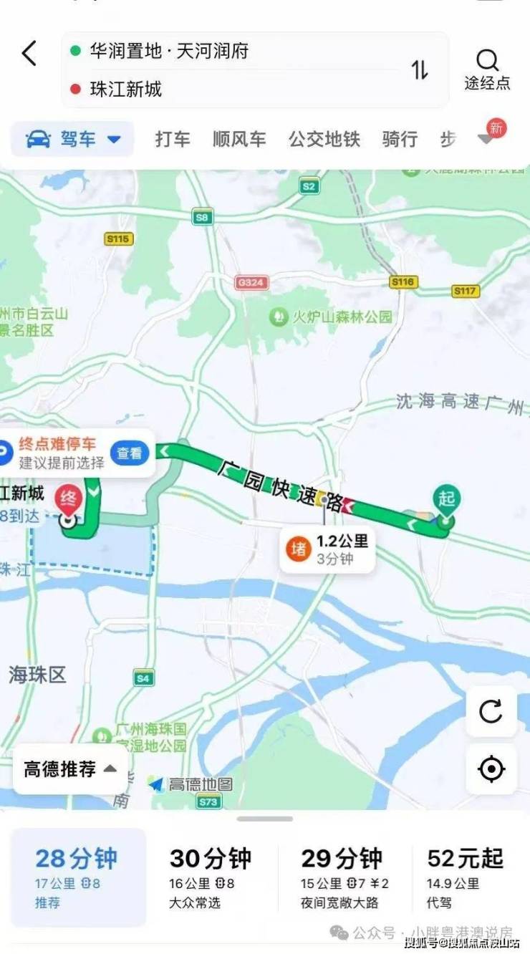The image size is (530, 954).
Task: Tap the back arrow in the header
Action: click(x=29, y=53)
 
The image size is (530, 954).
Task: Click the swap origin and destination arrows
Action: click(x=420, y=69)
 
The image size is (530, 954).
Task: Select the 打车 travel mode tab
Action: click(x=173, y=139)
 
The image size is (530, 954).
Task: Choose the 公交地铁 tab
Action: click(x=324, y=139)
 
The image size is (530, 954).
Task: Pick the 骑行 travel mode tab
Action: click(x=400, y=139)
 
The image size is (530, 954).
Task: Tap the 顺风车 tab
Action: click(x=239, y=139)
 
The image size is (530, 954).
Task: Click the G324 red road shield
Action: click(x=251, y=283)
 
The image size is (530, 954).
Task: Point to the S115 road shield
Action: click(x=118, y=239)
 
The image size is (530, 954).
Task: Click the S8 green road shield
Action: click(x=203, y=216)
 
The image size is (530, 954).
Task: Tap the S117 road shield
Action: click(x=466, y=291)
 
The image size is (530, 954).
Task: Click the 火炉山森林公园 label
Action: click(x=333, y=317)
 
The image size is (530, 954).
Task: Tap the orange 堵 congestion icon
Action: click(x=298, y=549)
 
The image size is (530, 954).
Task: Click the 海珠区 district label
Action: click(x=37, y=674)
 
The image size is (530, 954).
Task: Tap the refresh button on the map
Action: click(x=491, y=711)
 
